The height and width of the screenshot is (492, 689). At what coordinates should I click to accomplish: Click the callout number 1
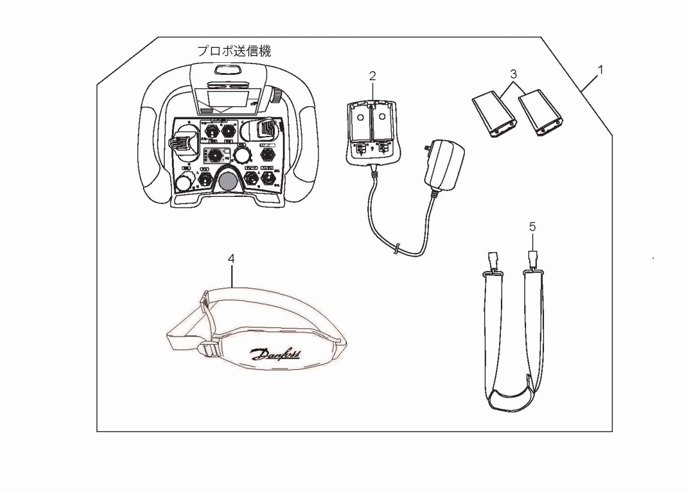600,69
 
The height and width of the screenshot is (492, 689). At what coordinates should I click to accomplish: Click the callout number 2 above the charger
372,76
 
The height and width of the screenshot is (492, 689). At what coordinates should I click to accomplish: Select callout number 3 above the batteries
512,74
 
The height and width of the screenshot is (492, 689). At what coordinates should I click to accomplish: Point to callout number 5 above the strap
532,228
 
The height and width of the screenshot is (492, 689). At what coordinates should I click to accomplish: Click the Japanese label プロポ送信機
235,51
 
